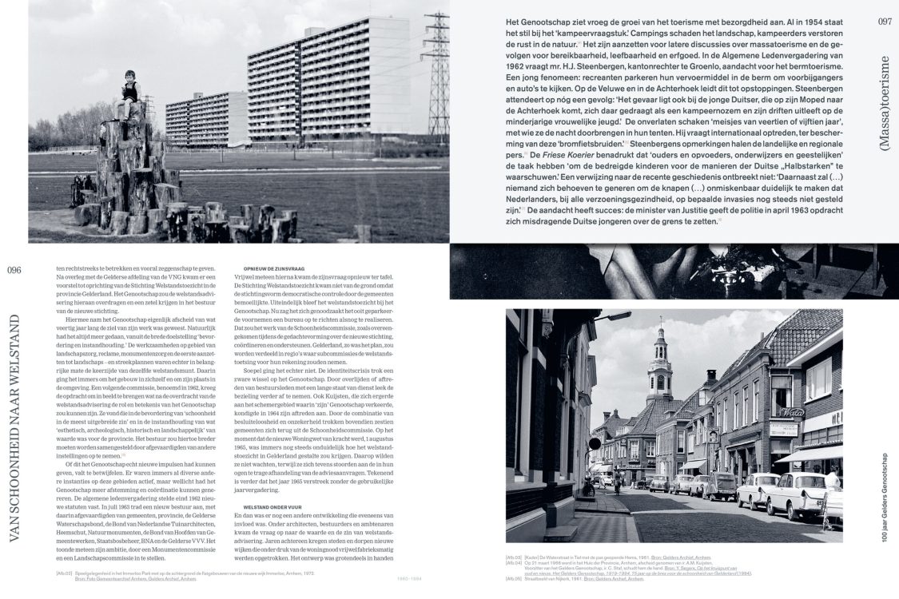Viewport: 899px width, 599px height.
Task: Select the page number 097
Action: (885, 22)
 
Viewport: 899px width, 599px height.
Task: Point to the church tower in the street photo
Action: (660, 368)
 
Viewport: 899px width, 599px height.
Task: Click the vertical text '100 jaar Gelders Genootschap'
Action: (884, 493)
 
